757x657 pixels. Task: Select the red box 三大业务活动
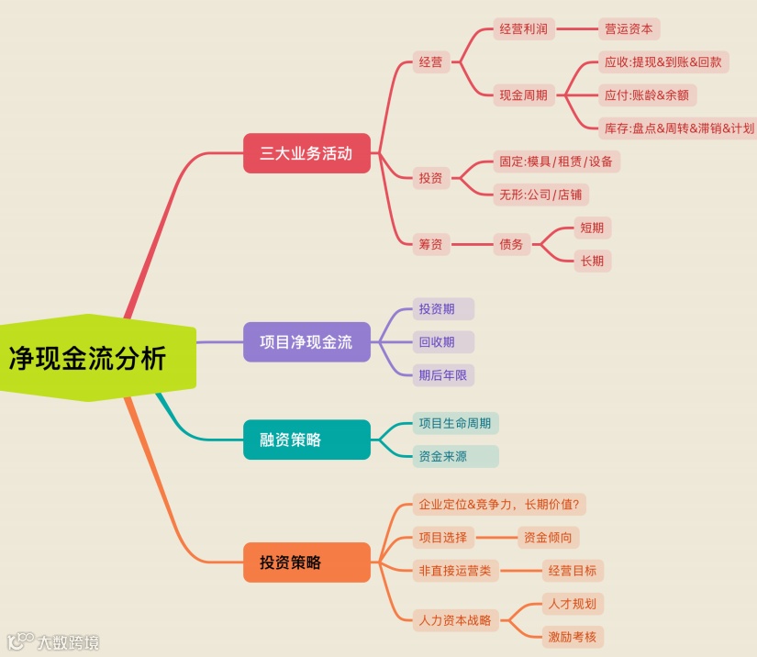(306, 153)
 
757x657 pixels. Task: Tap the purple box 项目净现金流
(306, 342)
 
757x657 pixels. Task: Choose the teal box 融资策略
(306, 440)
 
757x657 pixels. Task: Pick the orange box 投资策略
(306, 562)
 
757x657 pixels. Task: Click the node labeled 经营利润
(524, 29)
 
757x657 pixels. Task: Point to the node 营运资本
(629, 29)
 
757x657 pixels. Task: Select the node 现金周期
(524, 95)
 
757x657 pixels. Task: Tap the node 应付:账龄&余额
(646, 95)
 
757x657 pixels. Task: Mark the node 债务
(511, 244)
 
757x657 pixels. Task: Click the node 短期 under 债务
(592, 228)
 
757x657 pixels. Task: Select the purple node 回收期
(437, 342)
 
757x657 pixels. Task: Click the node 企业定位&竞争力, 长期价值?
(501, 505)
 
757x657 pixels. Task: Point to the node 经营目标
(573, 571)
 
